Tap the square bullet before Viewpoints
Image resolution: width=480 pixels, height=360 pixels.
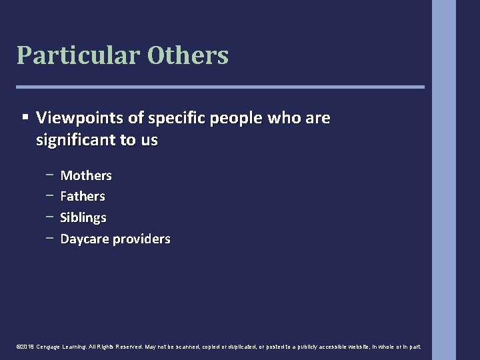(x=25, y=117)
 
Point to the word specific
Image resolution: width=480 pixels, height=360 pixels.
(x=177, y=119)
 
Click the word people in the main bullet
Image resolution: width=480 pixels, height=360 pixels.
(x=237, y=119)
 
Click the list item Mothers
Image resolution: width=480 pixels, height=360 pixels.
(x=86, y=175)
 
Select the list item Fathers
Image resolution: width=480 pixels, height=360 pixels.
(x=83, y=197)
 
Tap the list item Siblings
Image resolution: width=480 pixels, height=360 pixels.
(x=83, y=218)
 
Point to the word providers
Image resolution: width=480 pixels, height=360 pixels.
(x=141, y=239)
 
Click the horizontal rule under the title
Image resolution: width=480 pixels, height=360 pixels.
(x=220, y=87)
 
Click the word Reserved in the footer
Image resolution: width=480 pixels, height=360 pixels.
(x=129, y=347)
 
